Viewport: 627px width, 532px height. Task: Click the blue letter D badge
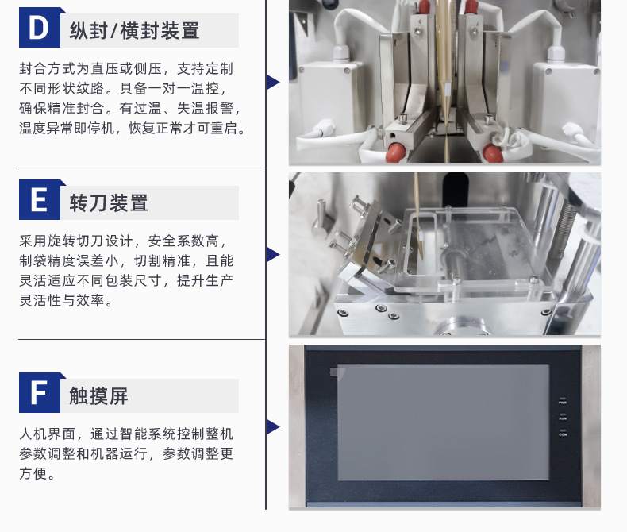(40, 27)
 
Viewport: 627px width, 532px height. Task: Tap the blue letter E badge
(40, 199)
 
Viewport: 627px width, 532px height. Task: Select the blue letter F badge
(40, 392)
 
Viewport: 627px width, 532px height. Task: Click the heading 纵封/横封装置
(134, 31)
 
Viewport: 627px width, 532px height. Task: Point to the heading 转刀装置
(109, 203)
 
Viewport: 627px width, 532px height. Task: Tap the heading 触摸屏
(98, 396)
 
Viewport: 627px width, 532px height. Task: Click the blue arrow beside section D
(273, 82)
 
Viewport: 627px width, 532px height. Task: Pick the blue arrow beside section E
(273, 254)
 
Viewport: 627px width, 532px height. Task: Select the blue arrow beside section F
(273, 427)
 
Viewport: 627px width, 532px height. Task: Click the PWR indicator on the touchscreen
(563, 400)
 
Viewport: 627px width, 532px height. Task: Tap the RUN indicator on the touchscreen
(563, 416)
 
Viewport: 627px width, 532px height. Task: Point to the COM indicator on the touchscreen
(563, 433)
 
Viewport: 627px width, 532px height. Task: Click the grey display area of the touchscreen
(443, 422)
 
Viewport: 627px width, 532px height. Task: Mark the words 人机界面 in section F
(47, 434)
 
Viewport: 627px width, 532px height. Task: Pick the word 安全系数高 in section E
(183, 241)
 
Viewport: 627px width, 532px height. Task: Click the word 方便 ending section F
(33, 473)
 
